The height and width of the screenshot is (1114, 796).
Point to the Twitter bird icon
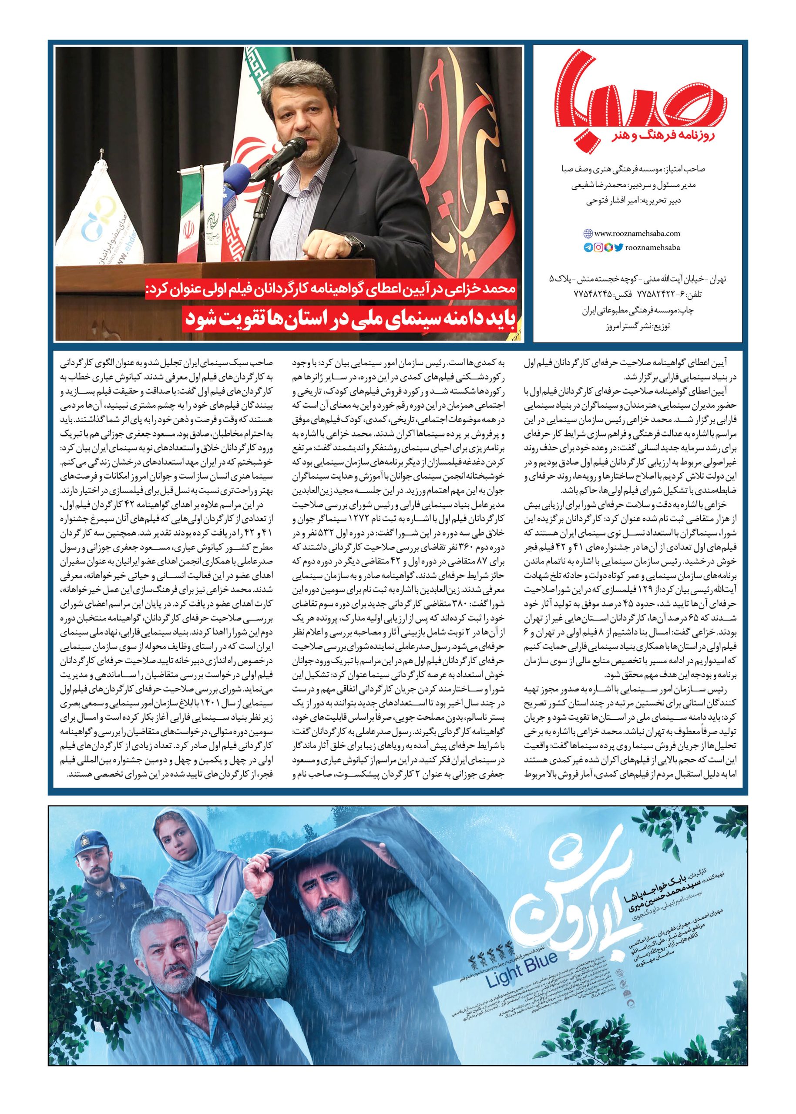pyautogui.click(x=618, y=248)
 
